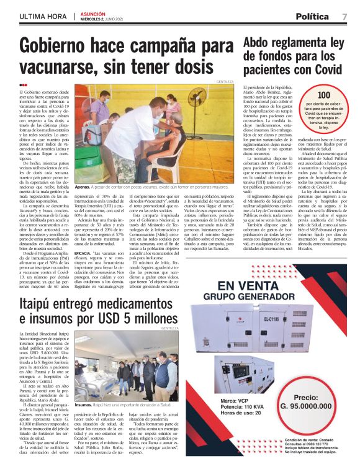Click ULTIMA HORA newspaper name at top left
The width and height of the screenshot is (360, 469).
pyautogui.click(x=42, y=16)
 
